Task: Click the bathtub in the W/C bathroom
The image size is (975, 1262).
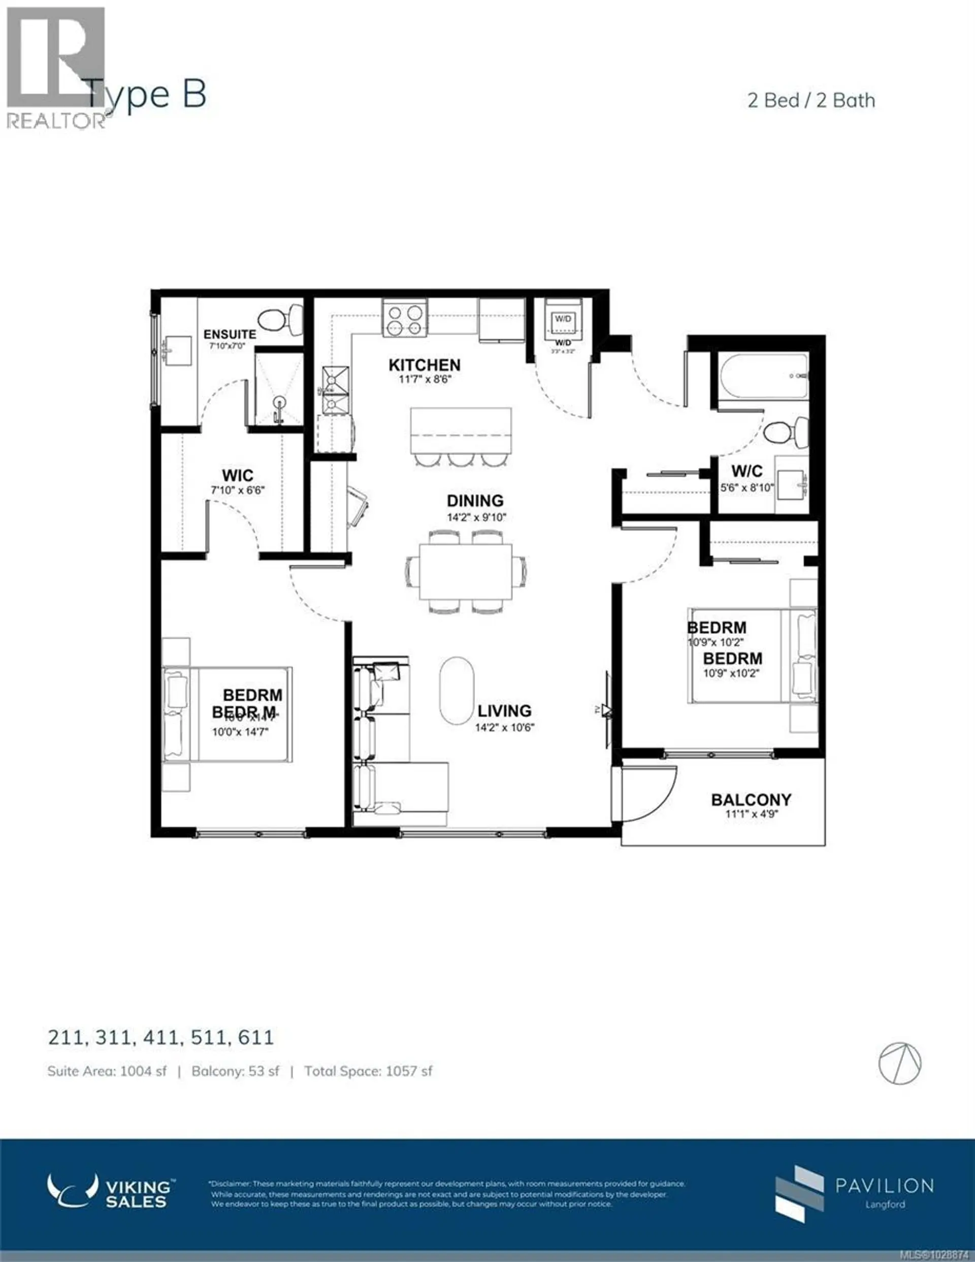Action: [762, 376]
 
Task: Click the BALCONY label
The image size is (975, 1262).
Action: [751, 800]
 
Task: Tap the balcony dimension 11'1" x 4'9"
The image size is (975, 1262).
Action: [751, 815]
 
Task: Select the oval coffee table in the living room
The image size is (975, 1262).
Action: [457, 690]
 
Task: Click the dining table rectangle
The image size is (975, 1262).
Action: [465, 571]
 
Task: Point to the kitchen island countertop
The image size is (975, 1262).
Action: [461, 430]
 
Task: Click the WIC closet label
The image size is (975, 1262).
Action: [238, 475]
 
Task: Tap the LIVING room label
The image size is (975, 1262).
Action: [504, 711]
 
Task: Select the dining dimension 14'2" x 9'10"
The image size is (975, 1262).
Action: [476, 517]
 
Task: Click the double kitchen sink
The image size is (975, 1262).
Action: [336, 391]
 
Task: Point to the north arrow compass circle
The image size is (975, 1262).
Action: [900, 1064]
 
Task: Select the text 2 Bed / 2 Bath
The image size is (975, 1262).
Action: [811, 101]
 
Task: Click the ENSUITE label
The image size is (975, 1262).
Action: [230, 334]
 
